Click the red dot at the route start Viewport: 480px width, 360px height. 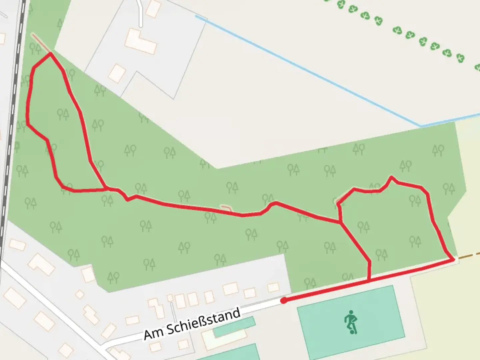point(284,301)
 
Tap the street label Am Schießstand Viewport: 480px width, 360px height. point(192,324)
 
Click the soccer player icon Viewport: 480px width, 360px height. point(350,322)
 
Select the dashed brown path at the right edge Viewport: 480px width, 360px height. point(469,256)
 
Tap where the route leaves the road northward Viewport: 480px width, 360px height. point(369,281)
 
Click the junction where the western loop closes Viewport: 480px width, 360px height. point(106,189)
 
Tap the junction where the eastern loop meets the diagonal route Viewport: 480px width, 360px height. point(340,222)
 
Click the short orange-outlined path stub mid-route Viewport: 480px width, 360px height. point(227,208)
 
